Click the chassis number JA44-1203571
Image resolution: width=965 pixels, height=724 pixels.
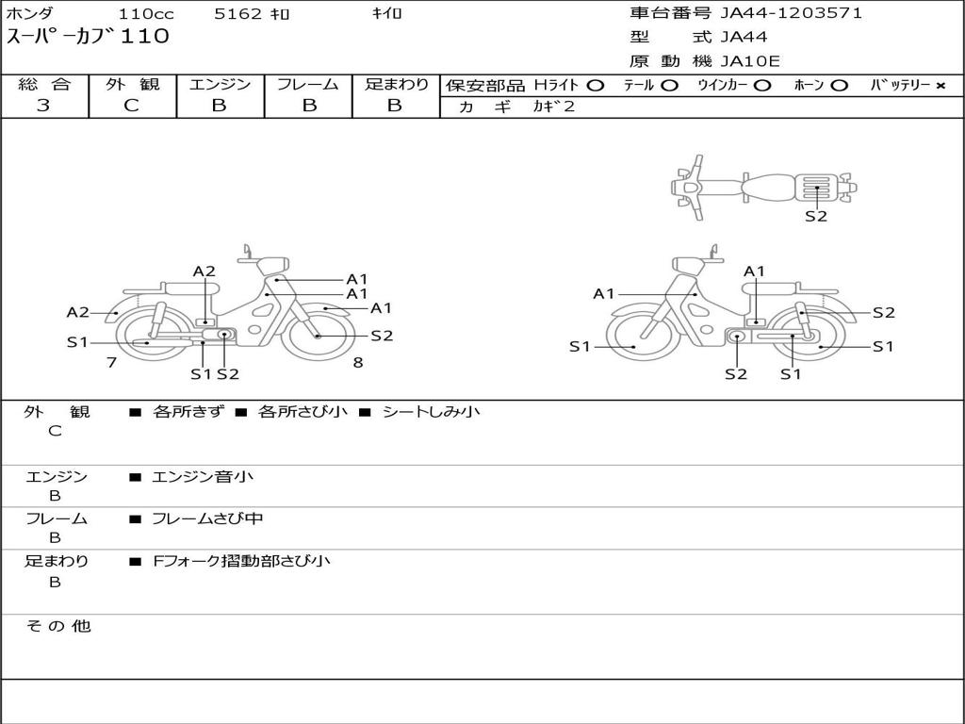tap(791, 13)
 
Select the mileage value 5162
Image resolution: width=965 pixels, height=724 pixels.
tap(238, 13)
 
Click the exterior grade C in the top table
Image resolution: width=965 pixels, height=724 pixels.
tap(131, 106)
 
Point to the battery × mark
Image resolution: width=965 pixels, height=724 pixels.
tap(940, 86)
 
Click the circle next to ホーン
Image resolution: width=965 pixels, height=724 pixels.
tap(839, 86)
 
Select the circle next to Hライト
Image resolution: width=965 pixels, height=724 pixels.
tap(596, 86)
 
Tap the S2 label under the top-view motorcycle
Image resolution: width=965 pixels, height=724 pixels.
tap(816, 216)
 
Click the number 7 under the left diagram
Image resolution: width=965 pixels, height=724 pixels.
tap(111, 363)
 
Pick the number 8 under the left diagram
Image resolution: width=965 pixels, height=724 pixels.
tap(358, 363)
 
